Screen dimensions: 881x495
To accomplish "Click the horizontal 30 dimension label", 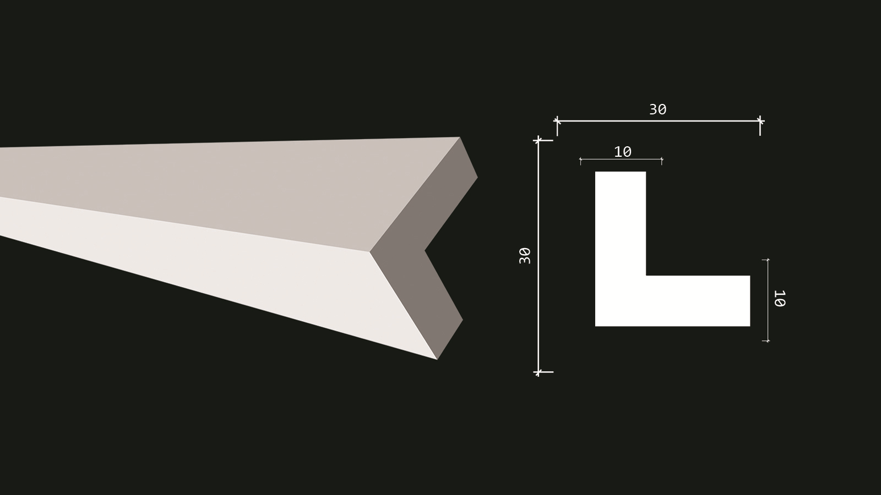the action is click(x=657, y=109).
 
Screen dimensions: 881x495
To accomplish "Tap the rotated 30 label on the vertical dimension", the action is click(x=525, y=256).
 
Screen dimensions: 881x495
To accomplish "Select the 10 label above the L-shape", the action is click(x=623, y=152).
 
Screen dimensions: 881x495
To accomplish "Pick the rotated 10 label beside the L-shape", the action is click(x=780, y=298).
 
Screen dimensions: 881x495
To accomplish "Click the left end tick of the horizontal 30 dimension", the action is click(x=557, y=121).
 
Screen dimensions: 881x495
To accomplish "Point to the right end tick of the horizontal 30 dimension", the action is click(x=760, y=121).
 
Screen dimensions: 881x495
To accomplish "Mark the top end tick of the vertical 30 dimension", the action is click(x=538, y=140).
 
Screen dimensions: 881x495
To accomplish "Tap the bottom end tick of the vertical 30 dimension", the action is click(x=538, y=372).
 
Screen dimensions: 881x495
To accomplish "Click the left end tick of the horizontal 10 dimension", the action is click(x=580, y=159).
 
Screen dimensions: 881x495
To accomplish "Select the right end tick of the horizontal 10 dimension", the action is click(x=662, y=159).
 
